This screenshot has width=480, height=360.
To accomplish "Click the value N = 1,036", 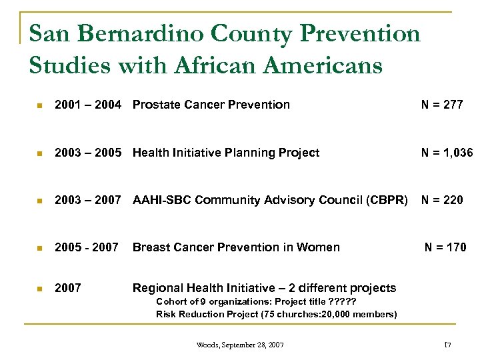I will [x=446, y=153].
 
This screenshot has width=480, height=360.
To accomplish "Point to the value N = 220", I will [x=441, y=199].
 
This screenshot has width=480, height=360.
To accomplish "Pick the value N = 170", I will [x=446, y=248].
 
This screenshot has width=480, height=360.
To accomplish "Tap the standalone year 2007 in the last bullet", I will [x=68, y=288].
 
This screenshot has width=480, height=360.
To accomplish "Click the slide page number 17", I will [x=447, y=345].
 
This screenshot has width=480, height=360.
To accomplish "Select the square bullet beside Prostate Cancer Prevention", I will [x=40, y=105].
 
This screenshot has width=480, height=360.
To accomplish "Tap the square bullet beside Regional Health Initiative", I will [x=40, y=289].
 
